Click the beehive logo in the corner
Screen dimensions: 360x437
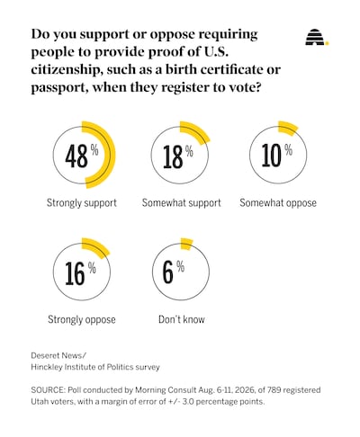point(317,38)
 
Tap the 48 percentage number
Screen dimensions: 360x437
point(76,156)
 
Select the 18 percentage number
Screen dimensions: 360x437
point(173,156)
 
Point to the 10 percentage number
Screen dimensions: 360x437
point(272,155)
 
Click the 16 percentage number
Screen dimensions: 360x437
point(75,273)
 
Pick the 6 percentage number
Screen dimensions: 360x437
point(168,272)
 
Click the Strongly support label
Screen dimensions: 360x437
point(82,203)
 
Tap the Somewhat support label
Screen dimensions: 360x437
point(182,203)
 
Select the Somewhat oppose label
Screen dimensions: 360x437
point(278,203)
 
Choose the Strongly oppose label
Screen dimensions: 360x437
point(82,319)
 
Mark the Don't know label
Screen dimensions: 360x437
point(182,319)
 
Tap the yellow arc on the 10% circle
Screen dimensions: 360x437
point(289,128)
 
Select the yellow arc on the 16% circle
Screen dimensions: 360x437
point(98,247)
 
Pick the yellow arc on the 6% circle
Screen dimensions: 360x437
point(186,244)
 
